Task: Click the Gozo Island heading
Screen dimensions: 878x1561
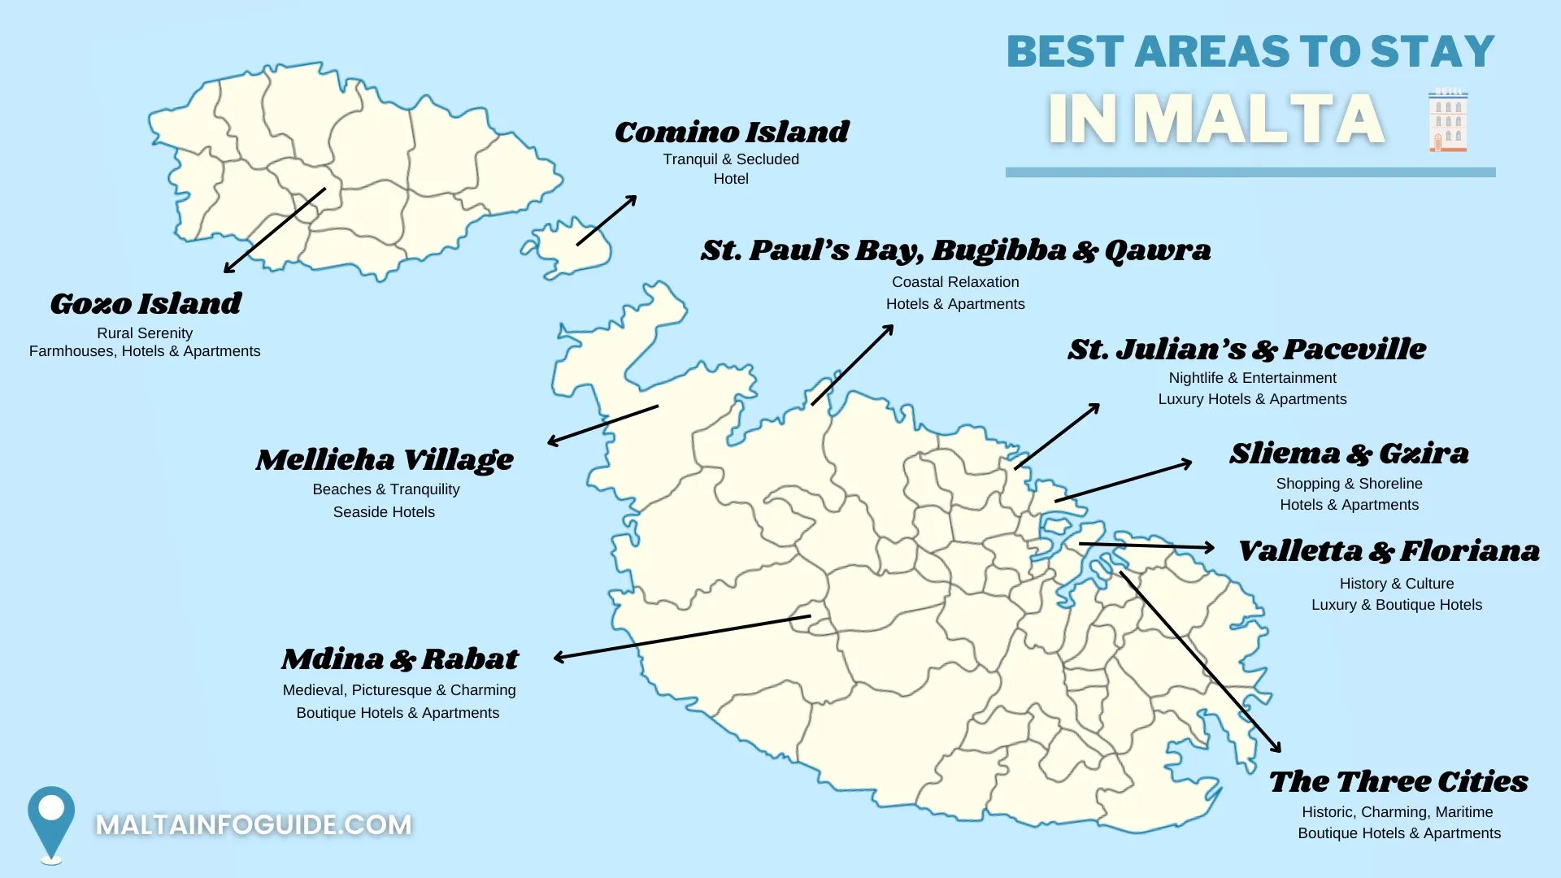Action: pyautogui.click(x=146, y=303)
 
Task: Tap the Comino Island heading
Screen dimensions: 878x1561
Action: pyautogui.click(x=731, y=132)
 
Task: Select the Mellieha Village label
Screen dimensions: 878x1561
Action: pyautogui.click(x=385, y=459)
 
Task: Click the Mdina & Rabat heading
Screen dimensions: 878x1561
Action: pyautogui.click(x=399, y=658)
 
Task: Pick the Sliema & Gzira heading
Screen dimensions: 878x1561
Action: pyautogui.click(x=1349, y=453)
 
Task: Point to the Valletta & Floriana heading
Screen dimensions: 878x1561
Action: pyautogui.click(x=1389, y=551)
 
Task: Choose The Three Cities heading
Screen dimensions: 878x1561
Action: pyautogui.click(x=1398, y=781)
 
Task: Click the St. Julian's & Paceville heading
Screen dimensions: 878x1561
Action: pyautogui.click(x=1246, y=350)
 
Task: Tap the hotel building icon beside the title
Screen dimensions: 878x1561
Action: pyautogui.click(x=1448, y=120)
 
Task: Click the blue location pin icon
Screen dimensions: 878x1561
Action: pyautogui.click(x=51, y=821)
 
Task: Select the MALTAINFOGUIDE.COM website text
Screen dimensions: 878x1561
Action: pyautogui.click(x=254, y=824)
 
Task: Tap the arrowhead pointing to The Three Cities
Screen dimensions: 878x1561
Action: pyautogui.click(x=1277, y=748)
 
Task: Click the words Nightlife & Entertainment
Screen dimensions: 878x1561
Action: pyautogui.click(x=1252, y=378)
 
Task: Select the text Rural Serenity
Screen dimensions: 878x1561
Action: pyautogui.click(x=145, y=333)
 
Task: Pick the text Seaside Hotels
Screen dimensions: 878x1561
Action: pyautogui.click(x=384, y=512)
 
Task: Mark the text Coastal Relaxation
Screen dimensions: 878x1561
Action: pyautogui.click(x=955, y=282)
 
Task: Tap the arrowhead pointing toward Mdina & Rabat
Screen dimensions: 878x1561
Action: pyautogui.click(x=559, y=657)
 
